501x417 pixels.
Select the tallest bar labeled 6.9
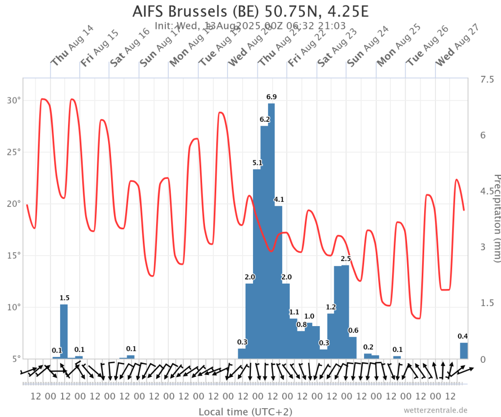(271, 230)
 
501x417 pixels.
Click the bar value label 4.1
(279, 199)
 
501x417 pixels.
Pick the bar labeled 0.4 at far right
(463, 351)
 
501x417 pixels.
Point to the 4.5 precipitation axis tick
(484, 191)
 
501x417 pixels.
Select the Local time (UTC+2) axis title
(245, 412)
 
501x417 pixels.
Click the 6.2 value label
(265, 119)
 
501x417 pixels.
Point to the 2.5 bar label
(346, 259)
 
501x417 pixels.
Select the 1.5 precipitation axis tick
(484, 303)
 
